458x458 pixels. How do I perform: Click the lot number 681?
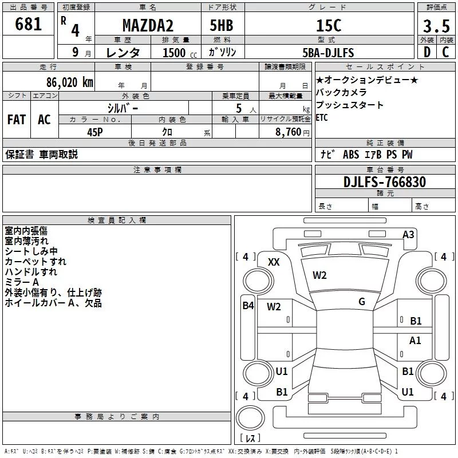pos(28,24)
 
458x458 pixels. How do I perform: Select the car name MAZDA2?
pos(148,25)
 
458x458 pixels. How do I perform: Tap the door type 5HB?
pos(222,25)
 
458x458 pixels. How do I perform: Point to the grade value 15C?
pos(329,25)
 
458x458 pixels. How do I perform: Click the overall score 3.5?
pos(436,26)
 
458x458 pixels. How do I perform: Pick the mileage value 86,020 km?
pos(70,82)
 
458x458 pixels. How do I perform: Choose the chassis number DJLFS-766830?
pos(385,182)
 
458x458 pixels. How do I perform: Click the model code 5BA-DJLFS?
pos(328,53)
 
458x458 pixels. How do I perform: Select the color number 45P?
pos(95,132)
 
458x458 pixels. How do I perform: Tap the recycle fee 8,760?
pos(289,132)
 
